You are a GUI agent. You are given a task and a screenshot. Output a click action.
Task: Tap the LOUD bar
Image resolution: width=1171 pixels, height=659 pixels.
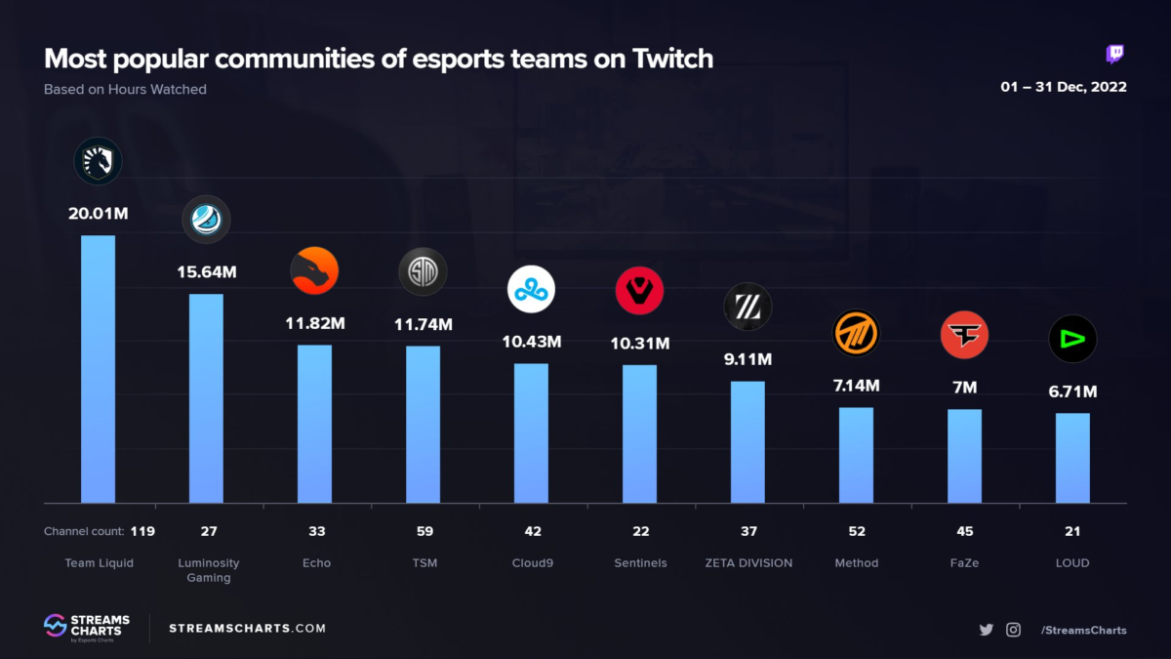pos(1072,458)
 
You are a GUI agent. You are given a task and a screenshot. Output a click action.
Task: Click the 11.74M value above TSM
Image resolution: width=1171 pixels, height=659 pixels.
pos(423,324)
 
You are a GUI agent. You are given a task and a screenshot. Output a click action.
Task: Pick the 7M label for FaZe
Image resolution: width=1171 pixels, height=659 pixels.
pos(964,388)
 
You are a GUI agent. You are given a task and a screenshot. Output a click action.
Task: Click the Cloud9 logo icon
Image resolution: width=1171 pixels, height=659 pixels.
pos(531,289)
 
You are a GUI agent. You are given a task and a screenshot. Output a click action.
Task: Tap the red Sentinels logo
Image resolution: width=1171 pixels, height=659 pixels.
pos(639,291)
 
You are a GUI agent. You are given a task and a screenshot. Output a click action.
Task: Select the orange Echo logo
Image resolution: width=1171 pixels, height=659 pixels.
pos(314,270)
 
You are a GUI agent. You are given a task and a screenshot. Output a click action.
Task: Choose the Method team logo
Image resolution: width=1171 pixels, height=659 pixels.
pos(856,334)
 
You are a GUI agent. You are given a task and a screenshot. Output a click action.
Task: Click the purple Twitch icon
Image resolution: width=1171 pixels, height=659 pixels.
pos(1114,55)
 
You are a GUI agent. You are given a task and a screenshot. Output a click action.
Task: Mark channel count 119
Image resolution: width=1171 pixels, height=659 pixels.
pos(142,531)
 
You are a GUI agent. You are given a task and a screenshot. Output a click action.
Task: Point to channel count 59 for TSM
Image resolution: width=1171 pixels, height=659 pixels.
pos(423,531)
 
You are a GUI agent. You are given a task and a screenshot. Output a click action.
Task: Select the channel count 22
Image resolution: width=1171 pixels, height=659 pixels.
pos(639,531)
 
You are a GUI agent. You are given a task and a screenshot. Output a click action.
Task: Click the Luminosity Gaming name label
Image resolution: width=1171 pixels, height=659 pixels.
pos(209,570)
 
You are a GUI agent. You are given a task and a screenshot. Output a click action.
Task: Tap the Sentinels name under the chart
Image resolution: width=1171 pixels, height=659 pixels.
pos(639,563)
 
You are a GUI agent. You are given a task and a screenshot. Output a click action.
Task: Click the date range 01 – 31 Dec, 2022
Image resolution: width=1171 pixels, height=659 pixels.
pos(1063,87)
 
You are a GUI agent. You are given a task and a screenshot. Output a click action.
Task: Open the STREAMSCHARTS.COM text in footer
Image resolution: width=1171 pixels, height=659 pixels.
pos(247,629)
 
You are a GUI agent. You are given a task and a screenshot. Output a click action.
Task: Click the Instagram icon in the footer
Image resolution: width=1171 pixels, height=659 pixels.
pos(1013,630)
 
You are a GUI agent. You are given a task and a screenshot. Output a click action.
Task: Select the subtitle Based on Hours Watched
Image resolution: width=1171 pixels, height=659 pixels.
pos(125,90)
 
